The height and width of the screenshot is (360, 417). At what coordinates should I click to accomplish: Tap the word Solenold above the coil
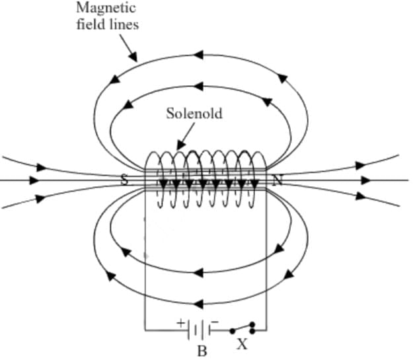pyautogui.click(x=194, y=113)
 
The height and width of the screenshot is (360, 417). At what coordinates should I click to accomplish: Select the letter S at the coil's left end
pyautogui.click(x=123, y=179)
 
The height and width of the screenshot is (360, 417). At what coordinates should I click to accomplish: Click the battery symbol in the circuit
pyautogui.click(x=198, y=328)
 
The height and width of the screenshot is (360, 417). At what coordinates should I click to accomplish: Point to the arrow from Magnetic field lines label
pyautogui.click(x=126, y=47)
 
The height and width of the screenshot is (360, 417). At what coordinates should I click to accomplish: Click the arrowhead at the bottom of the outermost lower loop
pyautogui.click(x=198, y=303)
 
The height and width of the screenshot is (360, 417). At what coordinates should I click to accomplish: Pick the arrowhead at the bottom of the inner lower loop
pyautogui.click(x=198, y=271)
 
